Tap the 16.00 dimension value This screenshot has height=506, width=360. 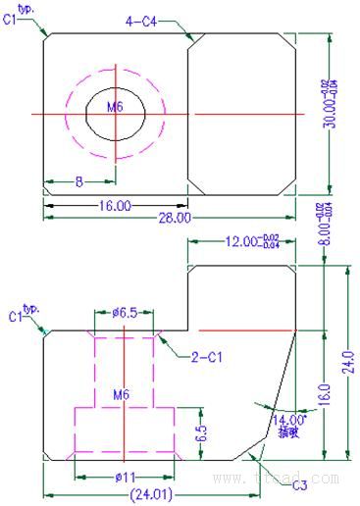point(115,205)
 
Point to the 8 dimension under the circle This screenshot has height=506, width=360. point(78,181)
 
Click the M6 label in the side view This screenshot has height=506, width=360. point(121,394)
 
